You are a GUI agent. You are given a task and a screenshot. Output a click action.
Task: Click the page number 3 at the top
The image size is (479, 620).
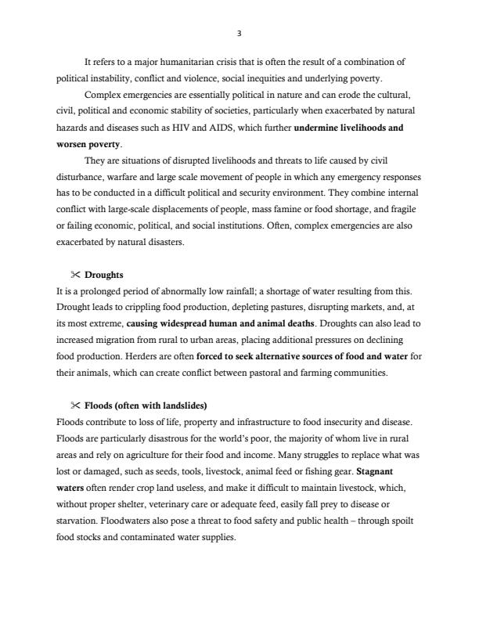[x=239, y=33]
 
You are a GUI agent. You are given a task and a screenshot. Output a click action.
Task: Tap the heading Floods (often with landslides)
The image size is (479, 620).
[x=145, y=406]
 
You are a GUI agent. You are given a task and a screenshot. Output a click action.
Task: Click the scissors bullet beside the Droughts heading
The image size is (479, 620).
[x=76, y=276]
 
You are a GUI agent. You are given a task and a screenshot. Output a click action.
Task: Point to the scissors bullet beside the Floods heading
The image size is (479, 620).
[x=76, y=406]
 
